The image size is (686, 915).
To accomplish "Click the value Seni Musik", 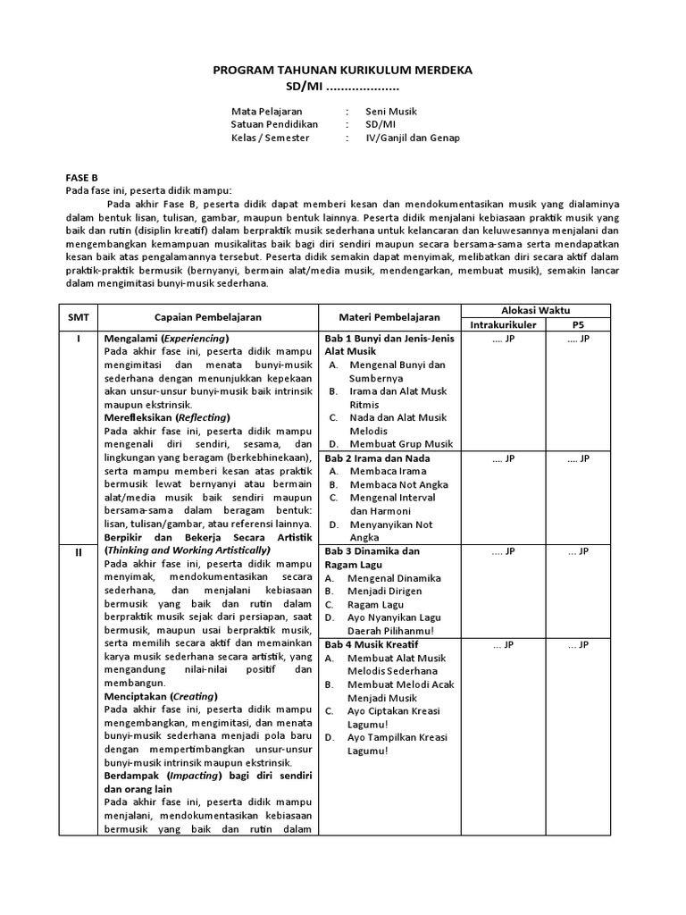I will click(x=391, y=112).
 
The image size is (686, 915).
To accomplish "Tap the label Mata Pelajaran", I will click(x=267, y=112).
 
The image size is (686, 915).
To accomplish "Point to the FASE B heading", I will click(x=82, y=177).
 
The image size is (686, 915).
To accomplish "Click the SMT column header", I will click(x=78, y=316).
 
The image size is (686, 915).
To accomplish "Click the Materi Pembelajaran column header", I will click(x=389, y=316).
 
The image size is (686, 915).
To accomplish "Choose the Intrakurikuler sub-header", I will click(x=503, y=324).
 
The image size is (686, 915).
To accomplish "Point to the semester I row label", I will click(x=78, y=339).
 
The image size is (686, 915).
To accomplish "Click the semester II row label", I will click(x=78, y=551).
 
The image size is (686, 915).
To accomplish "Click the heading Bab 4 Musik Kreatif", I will click(x=372, y=644).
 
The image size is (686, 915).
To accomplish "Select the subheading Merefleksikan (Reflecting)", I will click(x=166, y=417).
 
